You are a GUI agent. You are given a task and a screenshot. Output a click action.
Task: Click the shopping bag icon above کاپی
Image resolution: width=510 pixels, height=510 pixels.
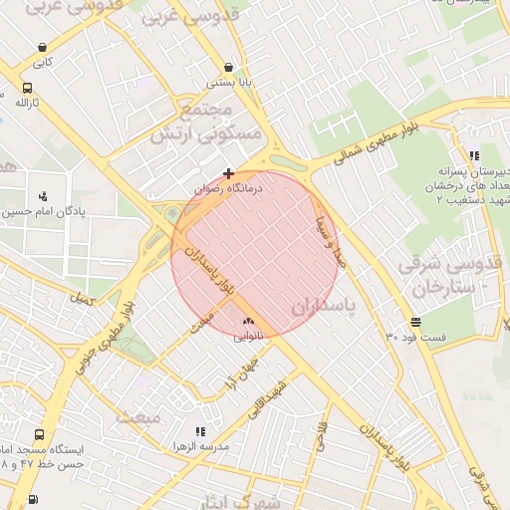(42, 47)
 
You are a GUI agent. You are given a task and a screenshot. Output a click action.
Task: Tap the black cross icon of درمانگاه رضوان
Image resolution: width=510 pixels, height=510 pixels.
(229, 173)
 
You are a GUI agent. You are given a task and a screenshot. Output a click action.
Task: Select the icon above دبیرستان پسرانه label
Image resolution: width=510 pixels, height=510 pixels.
(474, 155)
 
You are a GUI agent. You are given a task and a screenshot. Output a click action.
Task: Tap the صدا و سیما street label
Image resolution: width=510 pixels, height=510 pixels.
(330, 239)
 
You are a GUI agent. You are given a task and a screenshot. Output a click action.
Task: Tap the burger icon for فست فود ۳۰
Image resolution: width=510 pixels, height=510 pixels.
(414, 323)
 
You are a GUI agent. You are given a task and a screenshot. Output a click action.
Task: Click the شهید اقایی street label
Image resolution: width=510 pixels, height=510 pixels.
(268, 399)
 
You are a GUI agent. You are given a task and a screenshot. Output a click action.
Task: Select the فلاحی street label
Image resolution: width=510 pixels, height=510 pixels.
(322, 437)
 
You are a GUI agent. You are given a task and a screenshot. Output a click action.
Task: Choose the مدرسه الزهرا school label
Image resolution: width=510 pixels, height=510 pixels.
(200, 446)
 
